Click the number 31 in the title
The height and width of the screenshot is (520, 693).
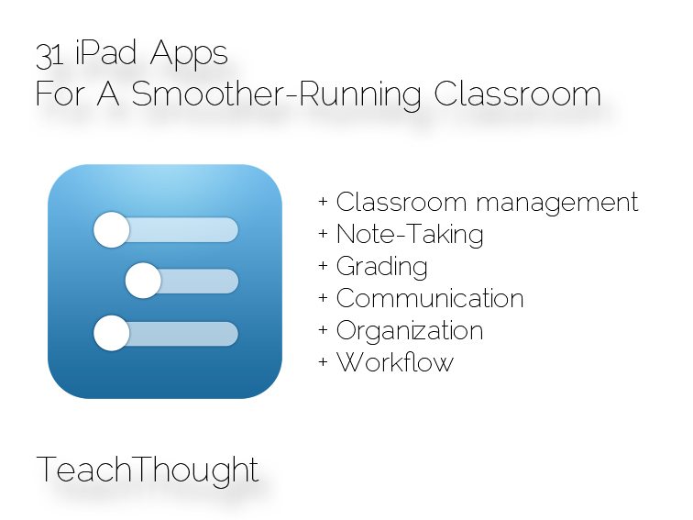(49, 56)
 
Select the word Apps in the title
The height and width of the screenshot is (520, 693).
(189, 56)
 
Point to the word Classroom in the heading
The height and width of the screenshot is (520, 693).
(518, 94)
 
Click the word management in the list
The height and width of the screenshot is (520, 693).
(557, 205)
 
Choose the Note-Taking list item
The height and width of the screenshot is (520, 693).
(410, 235)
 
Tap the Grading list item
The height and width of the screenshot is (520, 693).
(382, 267)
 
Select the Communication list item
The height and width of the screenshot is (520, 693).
(430, 298)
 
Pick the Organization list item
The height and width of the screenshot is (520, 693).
(410, 331)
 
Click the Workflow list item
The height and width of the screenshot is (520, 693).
(395, 362)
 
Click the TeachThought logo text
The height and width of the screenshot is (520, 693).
(148, 470)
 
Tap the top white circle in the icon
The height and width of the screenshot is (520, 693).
(112, 230)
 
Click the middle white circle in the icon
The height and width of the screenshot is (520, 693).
(143, 281)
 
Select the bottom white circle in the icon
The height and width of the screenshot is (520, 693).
(112, 333)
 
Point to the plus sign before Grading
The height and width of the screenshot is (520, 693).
(323, 266)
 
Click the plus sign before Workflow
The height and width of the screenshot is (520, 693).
(323, 362)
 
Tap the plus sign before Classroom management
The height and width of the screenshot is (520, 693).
(323, 202)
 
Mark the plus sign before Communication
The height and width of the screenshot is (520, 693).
(323, 298)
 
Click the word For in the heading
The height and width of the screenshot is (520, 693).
(60, 94)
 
